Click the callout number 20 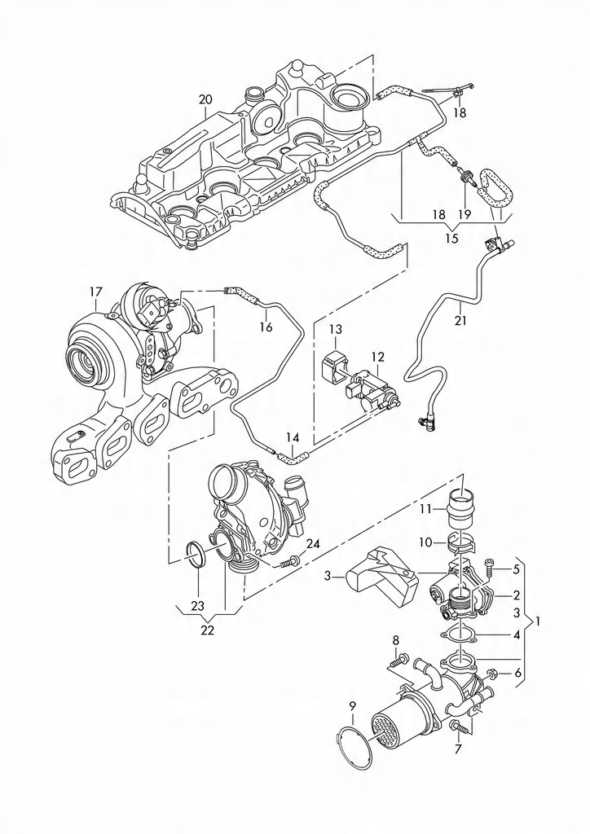(x=205, y=99)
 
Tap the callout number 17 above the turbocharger (x=95, y=292)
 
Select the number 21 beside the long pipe (x=460, y=321)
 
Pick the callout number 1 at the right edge (x=540, y=620)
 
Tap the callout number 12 (x=378, y=357)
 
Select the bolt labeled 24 (x=288, y=561)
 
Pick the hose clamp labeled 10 (x=462, y=543)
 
